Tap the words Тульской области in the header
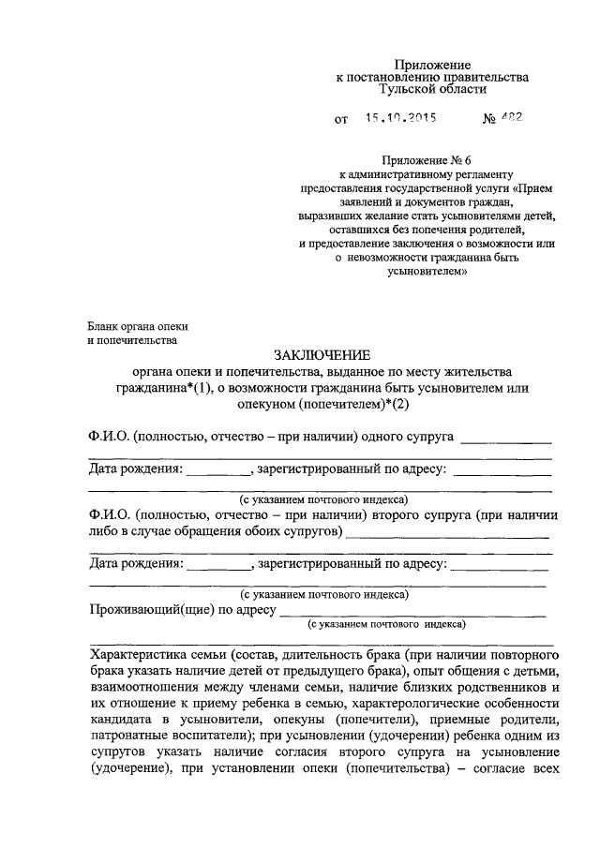coord(432,90)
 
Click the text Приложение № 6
coord(432,161)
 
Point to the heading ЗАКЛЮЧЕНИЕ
coord(322,354)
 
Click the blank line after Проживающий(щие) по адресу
coord(412,614)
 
